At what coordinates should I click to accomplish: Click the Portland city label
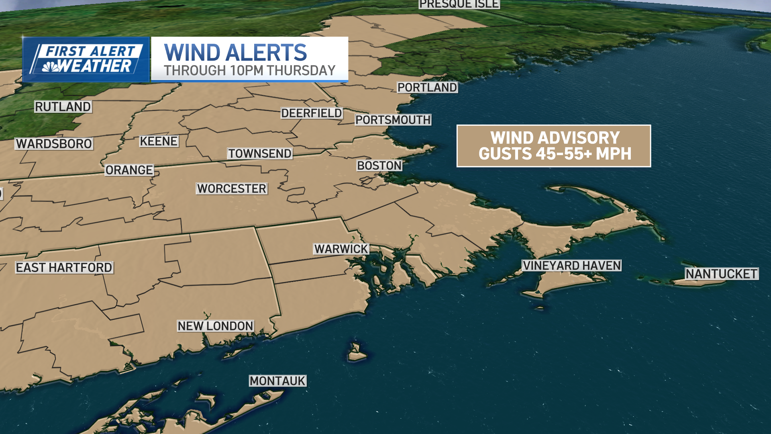(x=427, y=88)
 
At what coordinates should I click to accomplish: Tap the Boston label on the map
(x=379, y=166)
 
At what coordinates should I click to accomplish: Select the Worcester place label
(x=232, y=188)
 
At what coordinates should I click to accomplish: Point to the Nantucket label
(x=722, y=274)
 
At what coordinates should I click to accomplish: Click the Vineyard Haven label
(x=572, y=266)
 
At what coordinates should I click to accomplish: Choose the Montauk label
(x=277, y=381)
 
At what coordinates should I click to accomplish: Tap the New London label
(x=216, y=326)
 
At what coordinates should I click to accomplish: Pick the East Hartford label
(x=64, y=268)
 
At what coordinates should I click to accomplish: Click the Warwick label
(x=341, y=249)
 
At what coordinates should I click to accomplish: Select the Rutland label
(x=63, y=107)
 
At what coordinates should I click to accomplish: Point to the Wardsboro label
(x=54, y=144)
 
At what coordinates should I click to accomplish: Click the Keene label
(x=159, y=141)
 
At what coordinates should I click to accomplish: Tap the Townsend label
(x=260, y=154)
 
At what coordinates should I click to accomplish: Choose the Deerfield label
(x=312, y=113)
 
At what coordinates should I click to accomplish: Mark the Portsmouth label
(x=393, y=120)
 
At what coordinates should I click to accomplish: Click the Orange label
(x=129, y=170)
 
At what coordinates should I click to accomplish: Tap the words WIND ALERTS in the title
(x=236, y=53)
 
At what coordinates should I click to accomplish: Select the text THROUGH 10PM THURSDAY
(x=249, y=71)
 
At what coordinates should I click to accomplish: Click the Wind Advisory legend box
(x=554, y=146)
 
